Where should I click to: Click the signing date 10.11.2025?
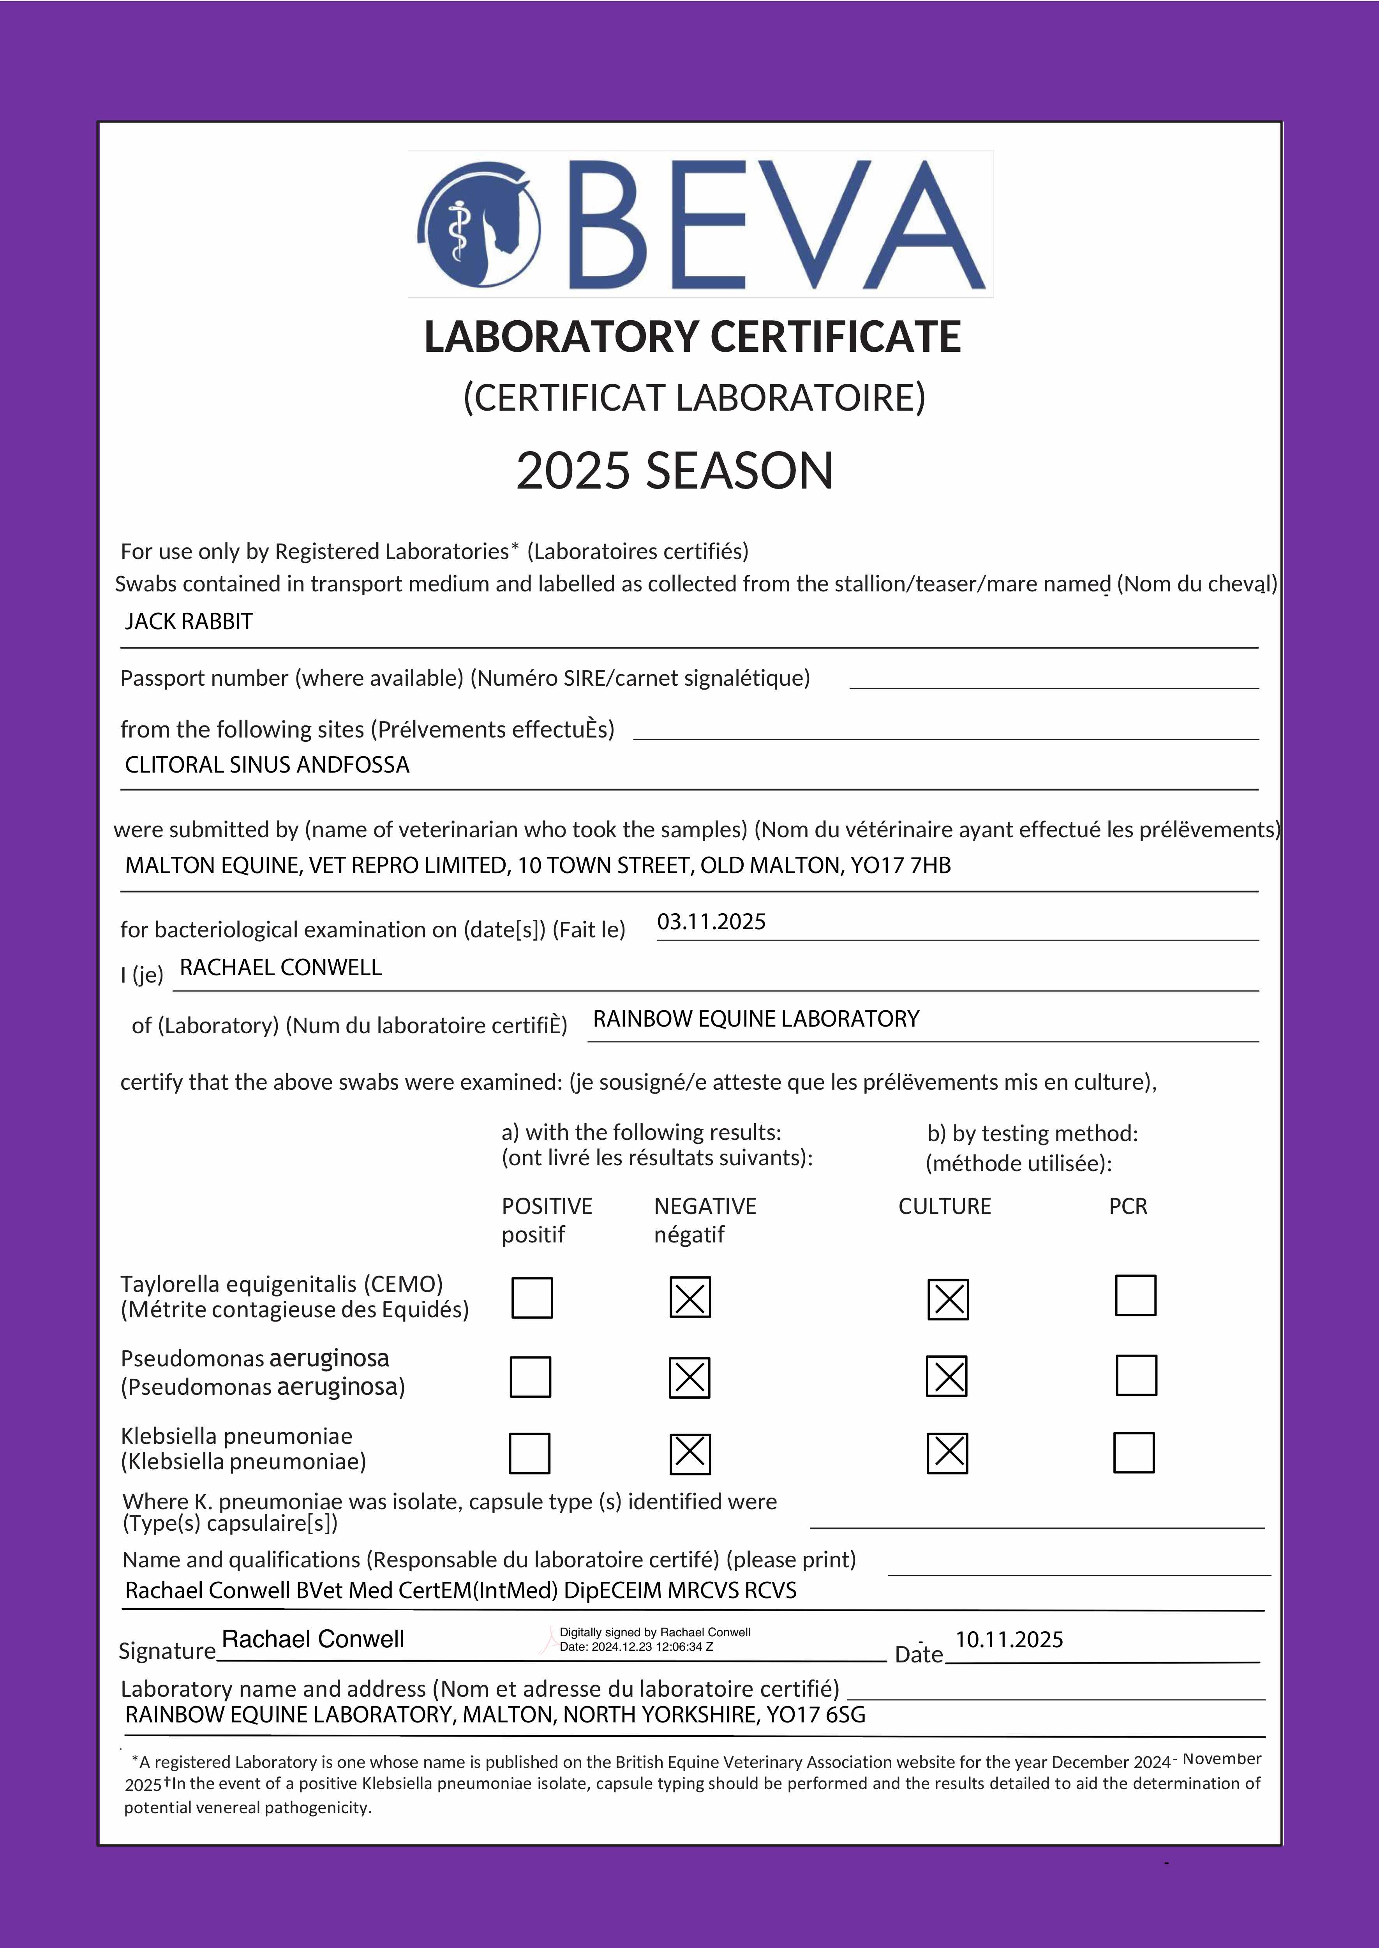coord(1009,1640)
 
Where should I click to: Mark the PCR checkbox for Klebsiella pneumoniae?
coord(1134,1452)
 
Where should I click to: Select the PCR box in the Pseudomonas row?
coord(1136,1375)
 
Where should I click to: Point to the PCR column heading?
coord(1128,1207)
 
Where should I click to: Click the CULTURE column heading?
coord(944,1207)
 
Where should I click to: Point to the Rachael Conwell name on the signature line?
coord(312,1639)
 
